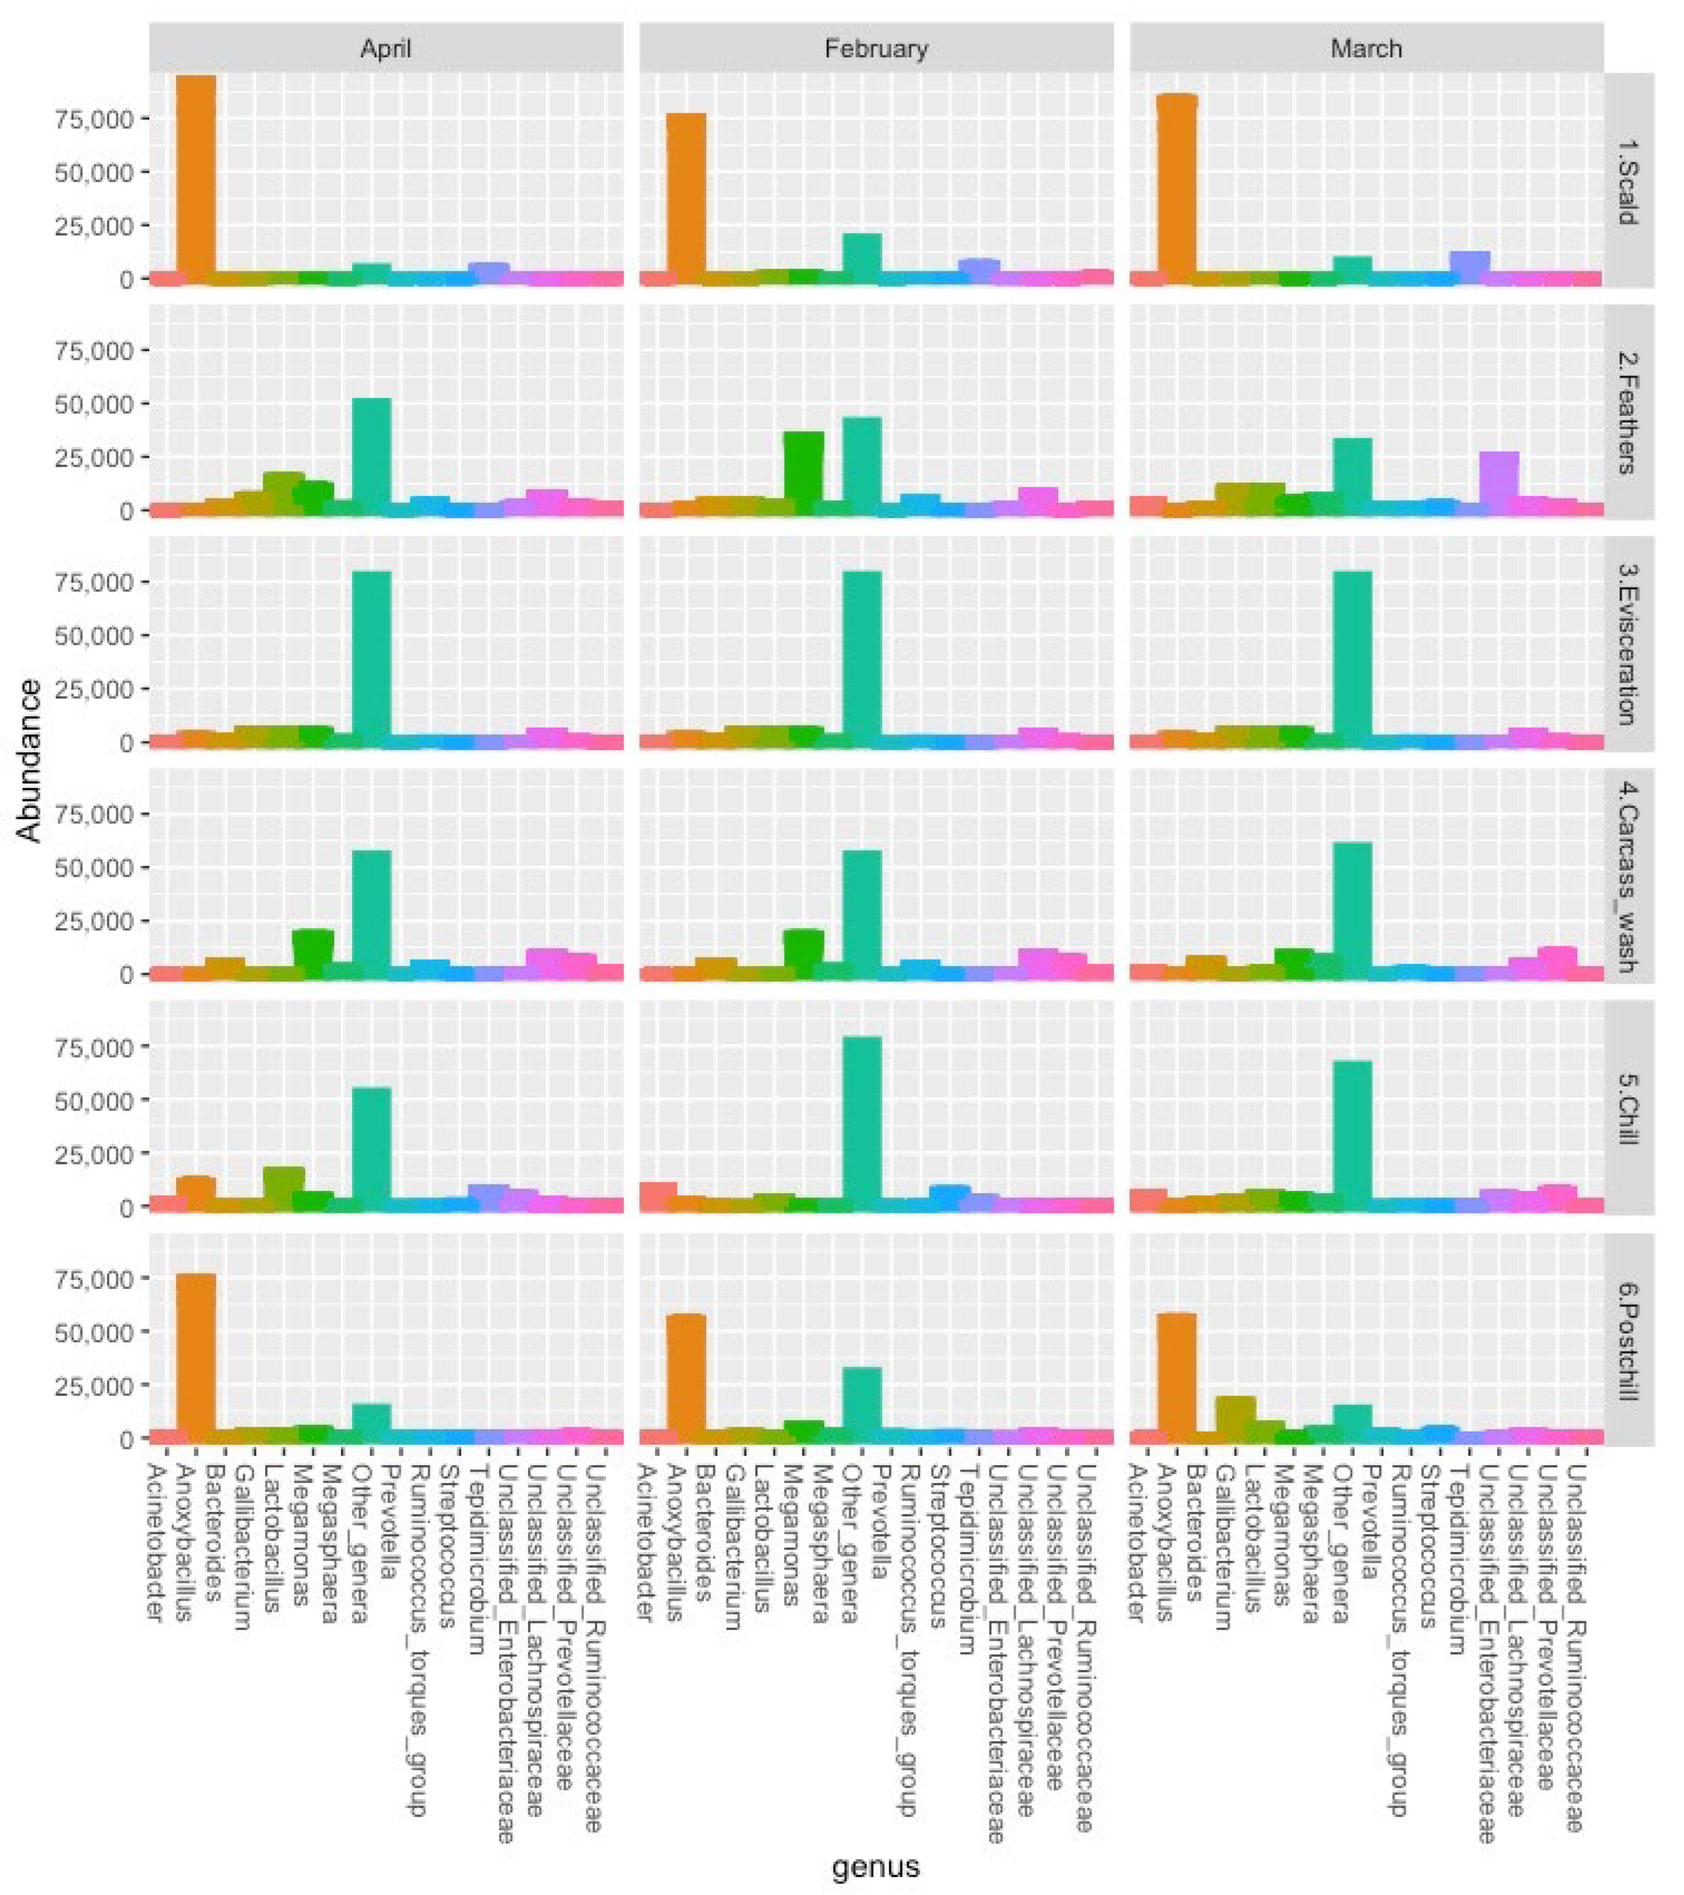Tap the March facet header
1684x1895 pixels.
pos(1366,48)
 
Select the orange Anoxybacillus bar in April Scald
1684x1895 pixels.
pos(196,176)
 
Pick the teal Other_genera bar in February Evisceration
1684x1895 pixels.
pos(861,658)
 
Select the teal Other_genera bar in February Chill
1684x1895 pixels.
pos(861,1123)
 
